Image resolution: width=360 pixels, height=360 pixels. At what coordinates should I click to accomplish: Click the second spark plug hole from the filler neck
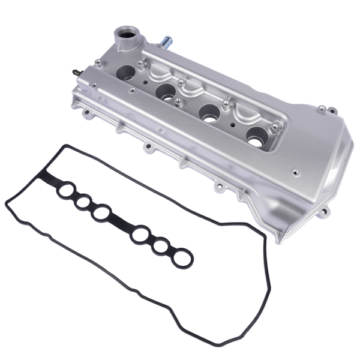166,92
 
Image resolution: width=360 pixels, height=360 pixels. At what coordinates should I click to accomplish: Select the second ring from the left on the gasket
83,202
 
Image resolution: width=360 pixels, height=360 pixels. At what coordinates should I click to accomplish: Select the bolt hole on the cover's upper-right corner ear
322,109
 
